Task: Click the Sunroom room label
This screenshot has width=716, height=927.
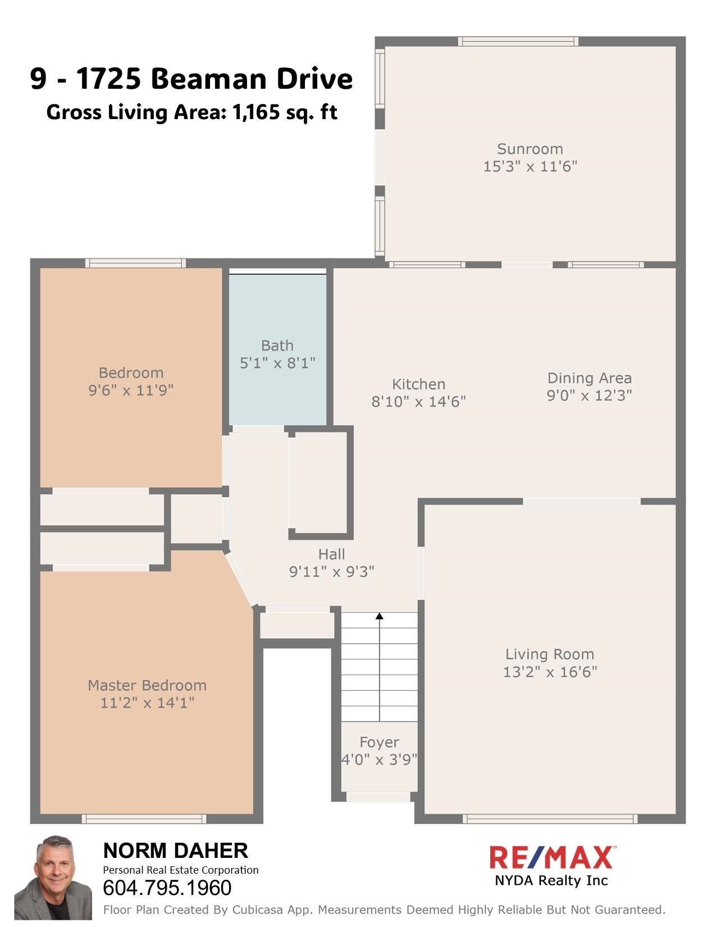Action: click(530, 149)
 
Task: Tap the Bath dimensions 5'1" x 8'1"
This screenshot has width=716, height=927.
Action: click(277, 363)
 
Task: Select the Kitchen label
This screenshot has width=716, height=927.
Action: click(419, 384)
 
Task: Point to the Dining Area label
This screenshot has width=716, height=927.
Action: click(589, 378)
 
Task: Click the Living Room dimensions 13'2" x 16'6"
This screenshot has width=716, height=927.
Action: click(550, 672)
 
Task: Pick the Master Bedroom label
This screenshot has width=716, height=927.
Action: click(147, 685)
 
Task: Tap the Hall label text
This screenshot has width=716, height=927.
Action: click(332, 554)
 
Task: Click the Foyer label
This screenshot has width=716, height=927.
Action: click(380, 742)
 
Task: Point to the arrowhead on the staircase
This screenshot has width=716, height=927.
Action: click(380, 616)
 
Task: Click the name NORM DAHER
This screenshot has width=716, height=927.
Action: click(176, 851)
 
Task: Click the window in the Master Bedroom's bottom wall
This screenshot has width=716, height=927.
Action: click(144, 819)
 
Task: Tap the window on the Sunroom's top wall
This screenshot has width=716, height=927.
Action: click(518, 42)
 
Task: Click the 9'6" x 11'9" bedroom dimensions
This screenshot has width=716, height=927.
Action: click(131, 390)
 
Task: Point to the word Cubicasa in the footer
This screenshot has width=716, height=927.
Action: click(257, 910)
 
